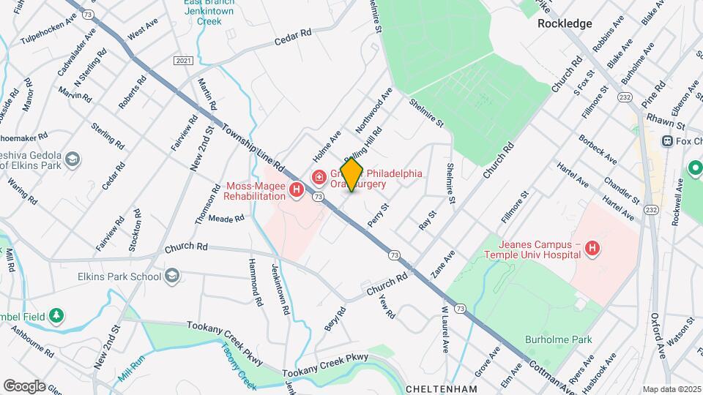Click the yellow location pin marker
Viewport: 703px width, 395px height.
pyautogui.click(x=351, y=175)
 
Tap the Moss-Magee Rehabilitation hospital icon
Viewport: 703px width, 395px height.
pyautogui.click(x=297, y=191)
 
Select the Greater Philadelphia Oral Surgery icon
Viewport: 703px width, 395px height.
pyautogui.click(x=319, y=177)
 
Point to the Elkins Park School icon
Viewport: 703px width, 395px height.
pyautogui.click(x=172, y=276)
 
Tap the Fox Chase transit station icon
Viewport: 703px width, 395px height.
pyautogui.click(x=667, y=140)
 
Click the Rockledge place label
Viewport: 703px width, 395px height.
pyautogui.click(x=565, y=23)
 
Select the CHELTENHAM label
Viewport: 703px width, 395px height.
pyautogui.click(x=441, y=388)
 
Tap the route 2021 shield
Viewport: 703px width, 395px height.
pyautogui.click(x=184, y=60)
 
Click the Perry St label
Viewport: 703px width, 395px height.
pyautogui.click(x=378, y=216)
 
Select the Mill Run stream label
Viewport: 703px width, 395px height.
pyautogui.click(x=132, y=371)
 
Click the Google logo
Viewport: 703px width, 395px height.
pyautogui.click(x=25, y=385)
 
